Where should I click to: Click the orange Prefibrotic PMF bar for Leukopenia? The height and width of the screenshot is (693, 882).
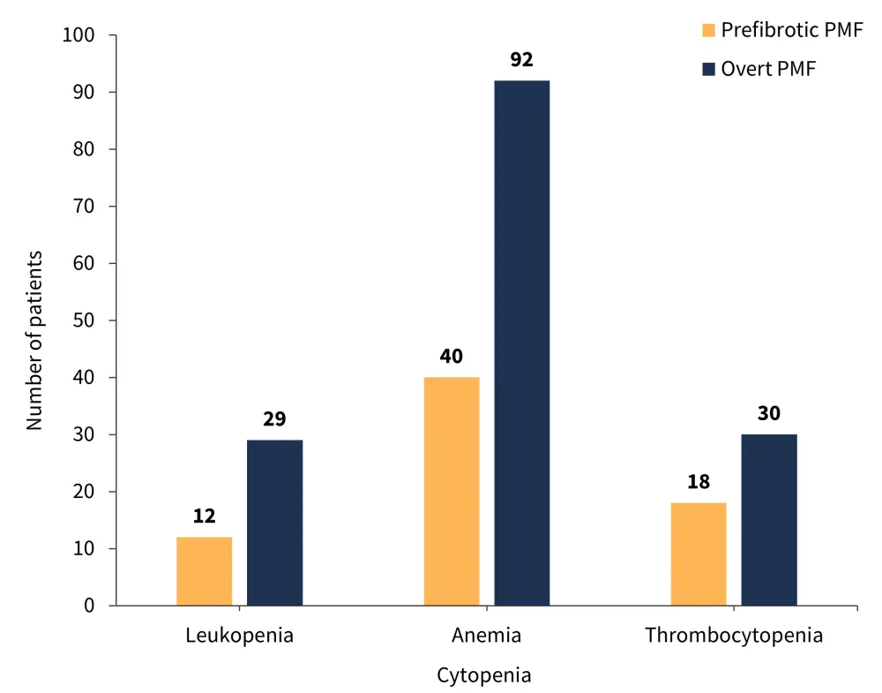pos(204,571)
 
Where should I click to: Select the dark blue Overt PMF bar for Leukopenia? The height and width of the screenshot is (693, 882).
pos(274,523)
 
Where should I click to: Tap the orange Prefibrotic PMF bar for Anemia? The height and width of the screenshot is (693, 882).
pos(452,491)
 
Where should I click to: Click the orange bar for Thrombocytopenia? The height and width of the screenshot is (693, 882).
pos(699,554)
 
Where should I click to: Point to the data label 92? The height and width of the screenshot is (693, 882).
pos(522,61)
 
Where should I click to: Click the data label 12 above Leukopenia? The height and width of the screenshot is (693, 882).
pos(204,516)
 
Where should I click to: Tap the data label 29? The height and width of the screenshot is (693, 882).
pos(274,418)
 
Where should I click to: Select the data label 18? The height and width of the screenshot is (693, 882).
pos(699,482)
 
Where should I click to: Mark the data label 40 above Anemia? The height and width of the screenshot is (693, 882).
pos(452,357)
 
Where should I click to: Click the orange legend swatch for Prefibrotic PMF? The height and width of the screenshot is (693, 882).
pos(708,31)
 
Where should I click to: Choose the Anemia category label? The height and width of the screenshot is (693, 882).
pos(486,636)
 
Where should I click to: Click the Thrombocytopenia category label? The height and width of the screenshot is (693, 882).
pos(733,636)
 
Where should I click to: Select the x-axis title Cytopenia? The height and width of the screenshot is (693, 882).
pos(484,676)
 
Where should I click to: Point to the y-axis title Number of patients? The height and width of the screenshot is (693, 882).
pos(34,340)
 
